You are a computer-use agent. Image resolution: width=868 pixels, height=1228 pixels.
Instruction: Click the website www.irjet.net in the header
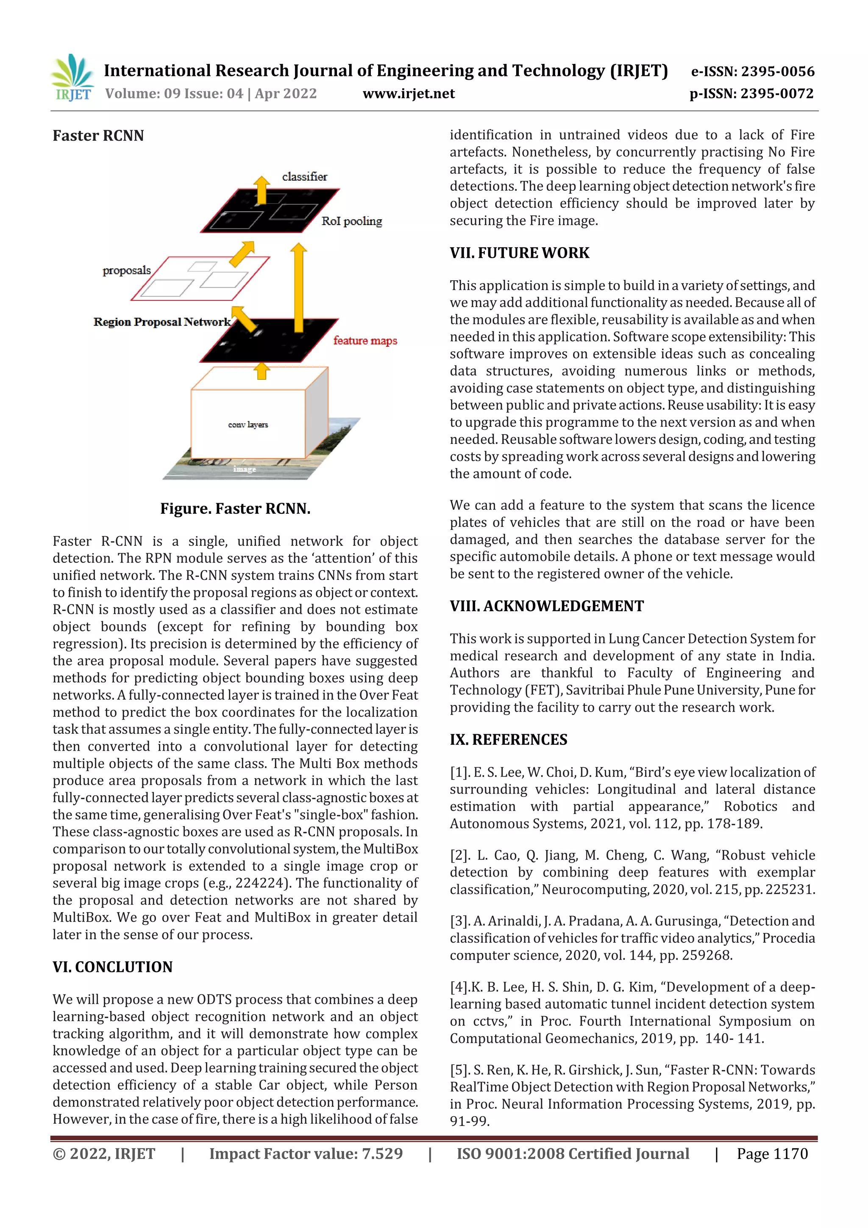pyautogui.click(x=408, y=94)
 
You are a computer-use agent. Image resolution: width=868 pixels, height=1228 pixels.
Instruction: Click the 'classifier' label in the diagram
pyautogui.click(x=304, y=176)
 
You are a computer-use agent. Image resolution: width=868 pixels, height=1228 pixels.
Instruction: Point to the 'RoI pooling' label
pyautogui.click(x=351, y=221)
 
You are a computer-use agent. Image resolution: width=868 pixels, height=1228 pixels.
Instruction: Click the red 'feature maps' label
pyautogui.click(x=365, y=341)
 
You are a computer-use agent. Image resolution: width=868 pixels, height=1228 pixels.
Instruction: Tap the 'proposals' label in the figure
pyautogui.click(x=127, y=270)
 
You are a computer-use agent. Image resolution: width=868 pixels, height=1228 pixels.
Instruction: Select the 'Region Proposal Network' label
pyautogui.click(x=161, y=321)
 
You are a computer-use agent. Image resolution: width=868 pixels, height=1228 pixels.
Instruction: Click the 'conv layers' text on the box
pyautogui.click(x=248, y=425)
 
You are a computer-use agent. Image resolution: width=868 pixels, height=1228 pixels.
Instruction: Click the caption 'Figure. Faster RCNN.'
pyautogui.click(x=235, y=508)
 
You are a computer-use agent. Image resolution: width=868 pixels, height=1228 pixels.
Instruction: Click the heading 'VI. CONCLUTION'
pyautogui.click(x=112, y=966)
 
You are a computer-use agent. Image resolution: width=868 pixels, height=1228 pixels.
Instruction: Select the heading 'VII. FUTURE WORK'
pyautogui.click(x=519, y=253)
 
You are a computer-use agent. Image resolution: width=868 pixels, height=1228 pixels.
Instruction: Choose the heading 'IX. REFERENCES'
pyautogui.click(x=508, y=739)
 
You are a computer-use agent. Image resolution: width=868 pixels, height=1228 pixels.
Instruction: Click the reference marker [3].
pyautogui.click(x=459, y=921)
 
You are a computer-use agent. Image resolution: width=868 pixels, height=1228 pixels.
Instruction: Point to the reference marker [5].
pyautogui.click(x=459, y=1070)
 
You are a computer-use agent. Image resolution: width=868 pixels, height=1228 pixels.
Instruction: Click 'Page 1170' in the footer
pyautogui.click(x=772, y=1154)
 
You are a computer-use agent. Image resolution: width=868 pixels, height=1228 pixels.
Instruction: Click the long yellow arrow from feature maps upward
pyautogui.click(x=299, y=289)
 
